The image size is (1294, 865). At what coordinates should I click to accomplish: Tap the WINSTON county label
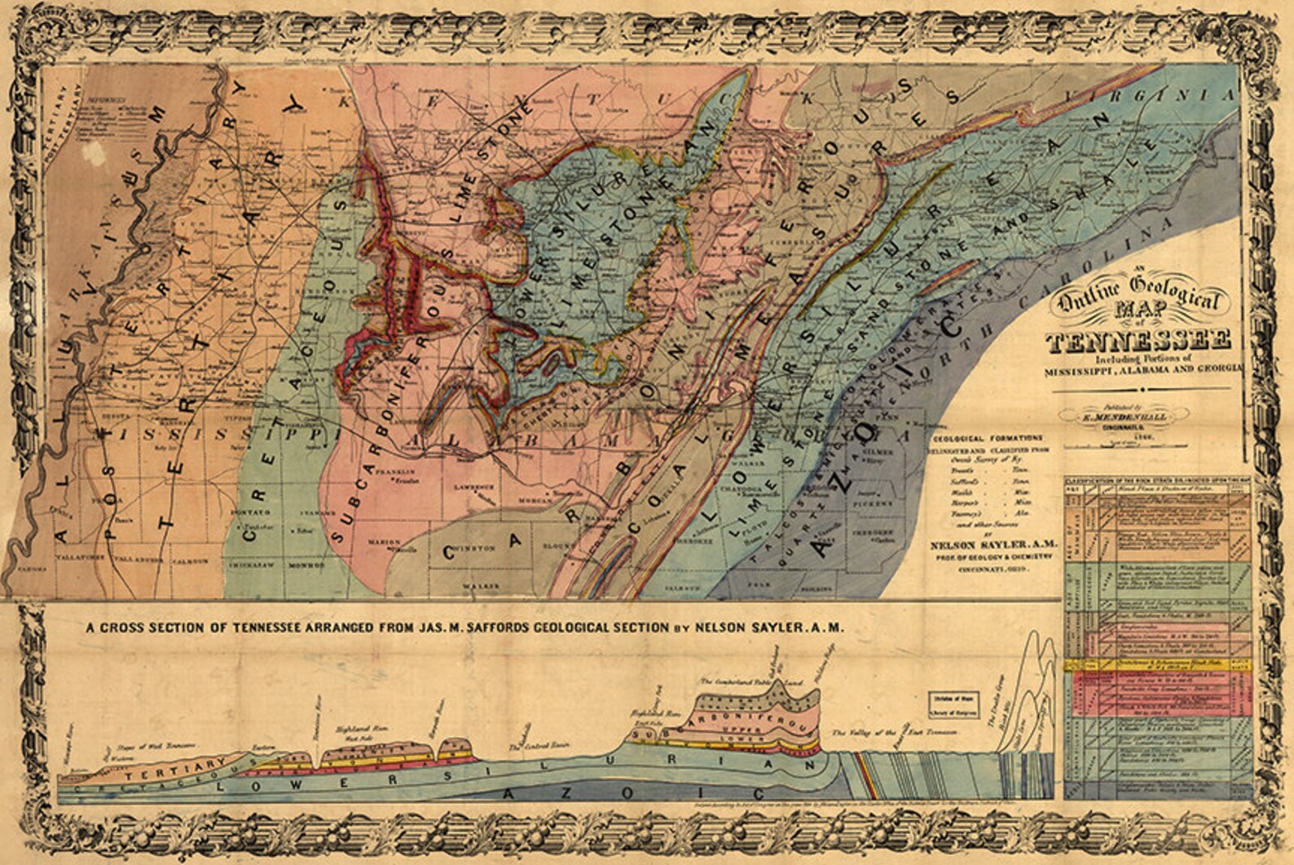[479, 549]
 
